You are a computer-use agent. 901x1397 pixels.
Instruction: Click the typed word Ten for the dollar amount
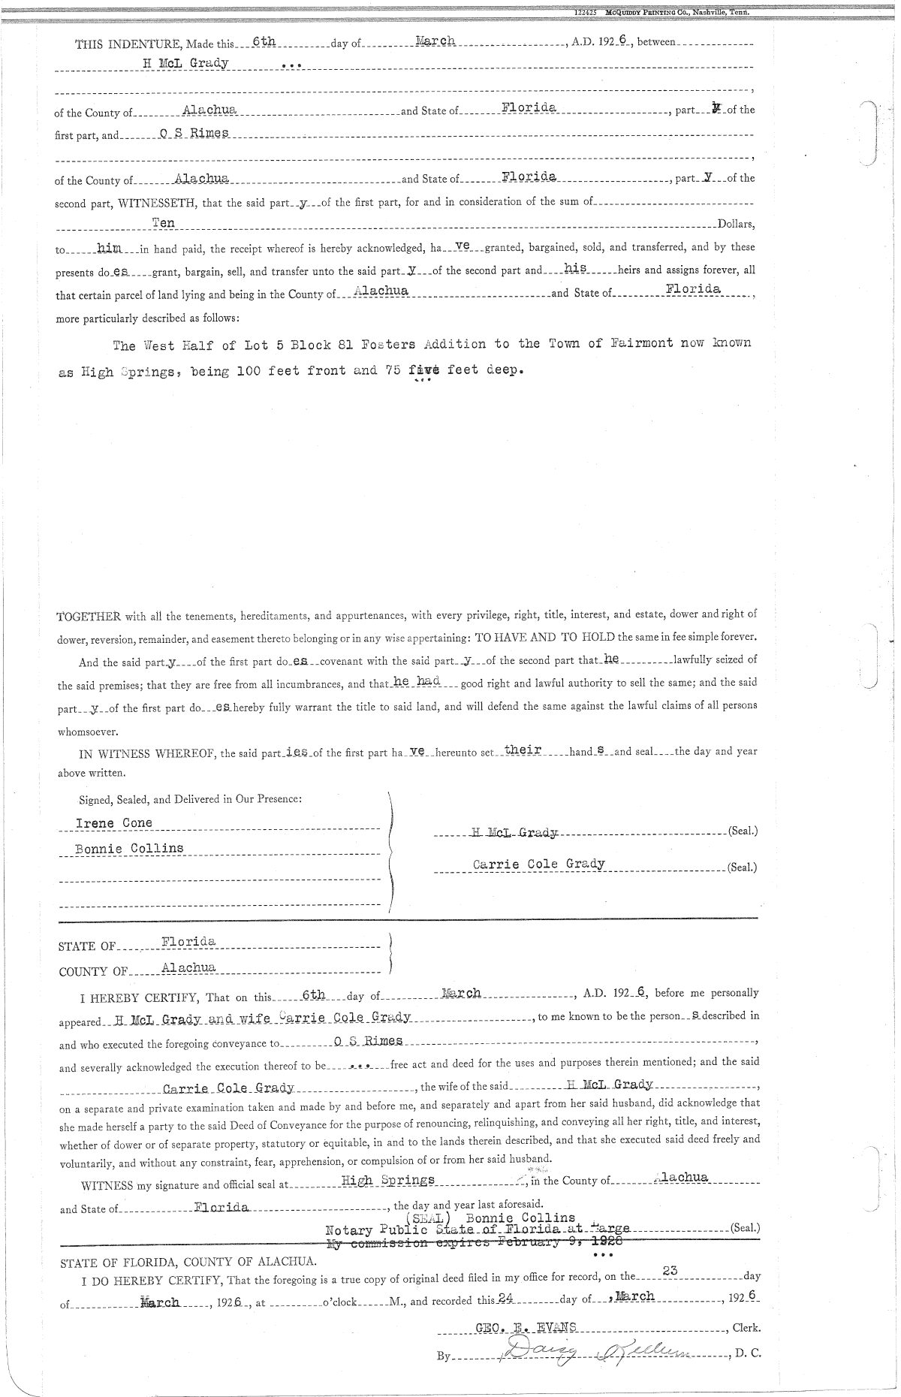(x=163, y=222)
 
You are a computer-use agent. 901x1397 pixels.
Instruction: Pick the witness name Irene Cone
(x=113, y=823)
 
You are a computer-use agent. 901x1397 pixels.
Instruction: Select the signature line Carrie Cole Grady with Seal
(x=539, y=864)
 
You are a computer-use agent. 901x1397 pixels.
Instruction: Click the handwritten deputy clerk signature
(x=585, y=1353)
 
